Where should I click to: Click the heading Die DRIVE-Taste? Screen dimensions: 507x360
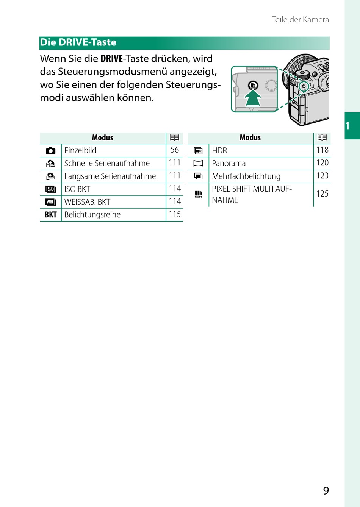coord(78,42)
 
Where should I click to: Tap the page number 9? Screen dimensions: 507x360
coord(326,491)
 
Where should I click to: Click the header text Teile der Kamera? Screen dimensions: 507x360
coord(300,20)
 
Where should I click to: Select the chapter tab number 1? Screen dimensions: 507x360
coord(348,126)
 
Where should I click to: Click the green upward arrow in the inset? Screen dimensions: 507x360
coord(253,99)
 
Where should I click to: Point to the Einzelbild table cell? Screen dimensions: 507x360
coord(80,151)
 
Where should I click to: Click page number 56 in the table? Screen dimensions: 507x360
coord(175,150)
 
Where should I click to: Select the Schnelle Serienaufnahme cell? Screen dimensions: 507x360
coord(107,164)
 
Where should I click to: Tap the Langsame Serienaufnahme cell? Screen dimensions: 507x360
coord(110,176)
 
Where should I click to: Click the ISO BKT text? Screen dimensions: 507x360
coord(77,189)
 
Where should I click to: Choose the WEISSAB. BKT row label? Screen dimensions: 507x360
coord(87,202)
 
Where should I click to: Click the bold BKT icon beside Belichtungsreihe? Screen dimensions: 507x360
coord(51,215)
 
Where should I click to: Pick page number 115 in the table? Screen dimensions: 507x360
coord(175,214)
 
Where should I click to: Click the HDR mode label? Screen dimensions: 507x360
coord(219,151)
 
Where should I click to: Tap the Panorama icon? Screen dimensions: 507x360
coord(198,164)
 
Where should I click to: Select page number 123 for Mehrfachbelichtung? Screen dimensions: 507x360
coord(322,176)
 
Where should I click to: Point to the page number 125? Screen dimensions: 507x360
coord(322,194)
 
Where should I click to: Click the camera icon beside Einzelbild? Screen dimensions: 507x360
coord(51,151)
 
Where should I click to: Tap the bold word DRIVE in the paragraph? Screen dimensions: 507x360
coord(112,59)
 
